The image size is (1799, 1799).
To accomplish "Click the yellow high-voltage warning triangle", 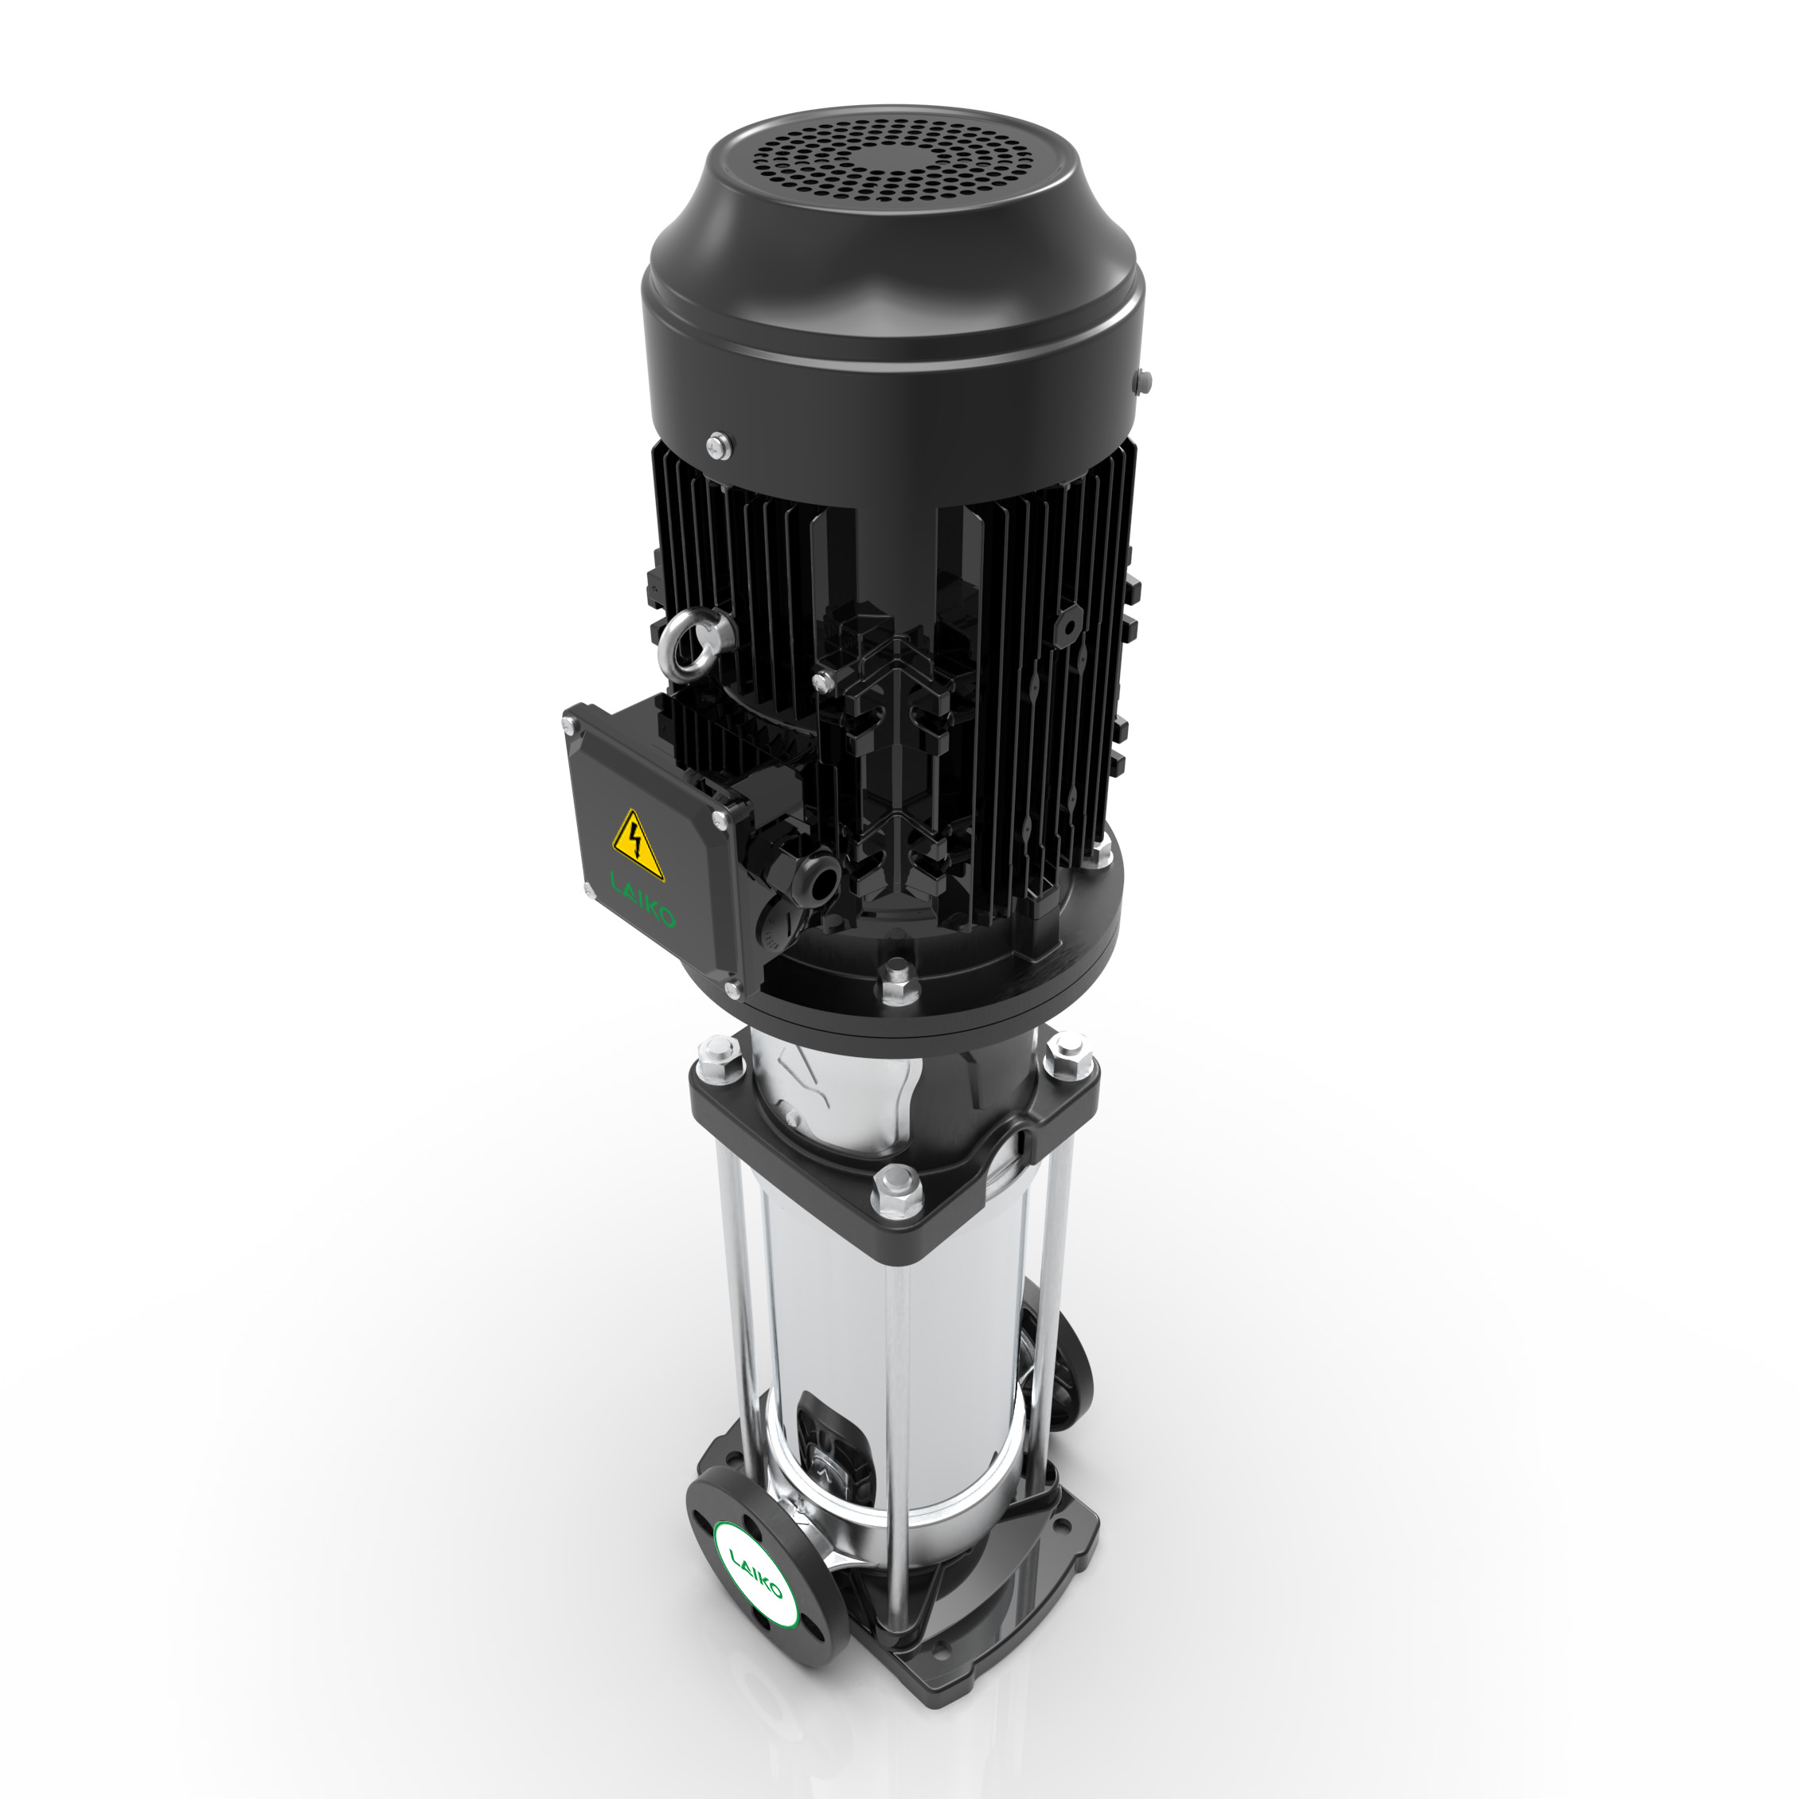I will click(x=638, y=845).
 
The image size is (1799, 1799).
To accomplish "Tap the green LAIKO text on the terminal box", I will click(x=642, y=899).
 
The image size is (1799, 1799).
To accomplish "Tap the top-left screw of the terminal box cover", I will click(x=571, y=731).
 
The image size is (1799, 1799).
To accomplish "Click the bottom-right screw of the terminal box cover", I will click(x=729, y=989).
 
